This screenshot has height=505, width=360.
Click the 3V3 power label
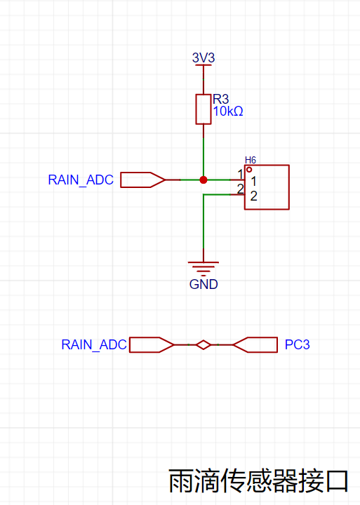204,58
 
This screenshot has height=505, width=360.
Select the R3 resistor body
204,109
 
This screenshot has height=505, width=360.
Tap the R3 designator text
221,99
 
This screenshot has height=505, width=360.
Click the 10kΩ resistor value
228,112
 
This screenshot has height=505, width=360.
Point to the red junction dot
204,180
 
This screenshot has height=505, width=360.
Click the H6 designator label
251,160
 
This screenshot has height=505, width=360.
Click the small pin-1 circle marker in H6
249,170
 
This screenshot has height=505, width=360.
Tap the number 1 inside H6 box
253,182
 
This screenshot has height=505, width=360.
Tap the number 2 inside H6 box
253,196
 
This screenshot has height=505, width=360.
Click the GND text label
204,284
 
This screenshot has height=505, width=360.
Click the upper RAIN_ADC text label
81,180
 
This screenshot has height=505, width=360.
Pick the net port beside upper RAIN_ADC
142,180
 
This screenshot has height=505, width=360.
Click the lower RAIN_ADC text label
94,344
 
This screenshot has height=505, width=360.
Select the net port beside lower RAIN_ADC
152,345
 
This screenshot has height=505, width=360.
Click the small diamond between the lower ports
204,345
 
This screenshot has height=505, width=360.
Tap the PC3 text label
297,344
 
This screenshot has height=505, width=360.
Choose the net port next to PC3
255,345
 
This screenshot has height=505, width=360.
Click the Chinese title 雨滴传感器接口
258,481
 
